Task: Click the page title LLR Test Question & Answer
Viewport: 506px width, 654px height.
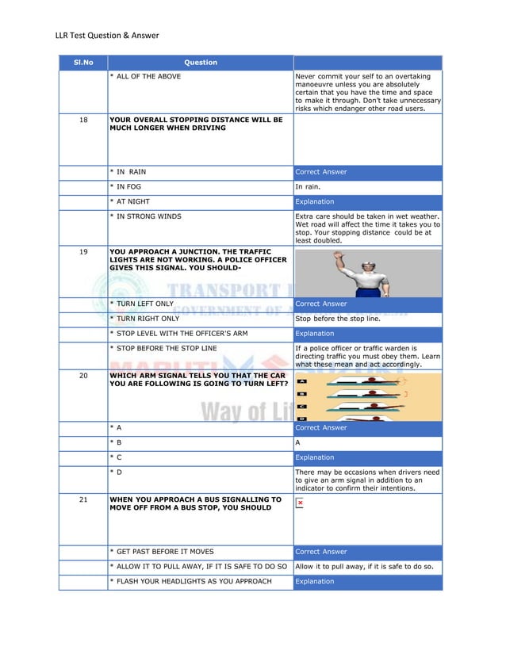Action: click(107, 35)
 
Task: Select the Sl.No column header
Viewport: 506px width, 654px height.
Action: click(83, 63)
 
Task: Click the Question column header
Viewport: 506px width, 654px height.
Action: click(200, 63)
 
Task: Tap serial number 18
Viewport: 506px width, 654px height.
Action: click(83, 120)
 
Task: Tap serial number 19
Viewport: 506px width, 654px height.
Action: click(83, 254)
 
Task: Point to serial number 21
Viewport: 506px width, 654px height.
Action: click(83, 500)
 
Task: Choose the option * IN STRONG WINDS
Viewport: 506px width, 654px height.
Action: click(145, 216)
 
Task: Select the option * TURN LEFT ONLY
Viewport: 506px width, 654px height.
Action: click(142, 304)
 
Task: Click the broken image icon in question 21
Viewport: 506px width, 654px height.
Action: click(301, 503)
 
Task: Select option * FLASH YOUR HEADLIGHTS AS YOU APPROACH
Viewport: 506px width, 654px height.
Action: click(190, 582)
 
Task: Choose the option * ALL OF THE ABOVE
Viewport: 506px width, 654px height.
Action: click(145, 77)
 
